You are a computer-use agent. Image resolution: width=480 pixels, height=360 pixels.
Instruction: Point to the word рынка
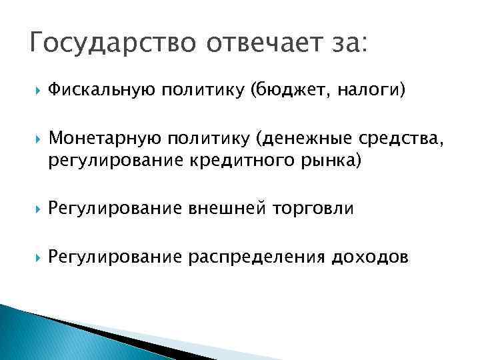337,161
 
